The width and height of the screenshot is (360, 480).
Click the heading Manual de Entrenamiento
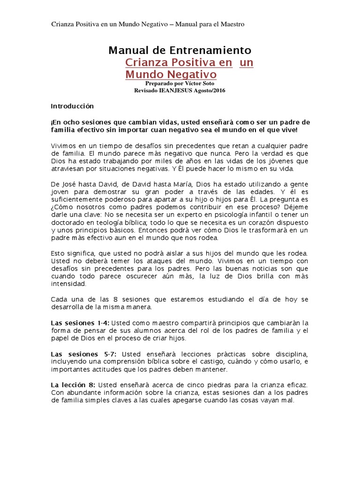(x=180, y=50)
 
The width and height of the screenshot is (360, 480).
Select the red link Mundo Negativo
(x=171, y=75)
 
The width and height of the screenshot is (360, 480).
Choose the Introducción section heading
(x=72, y=106)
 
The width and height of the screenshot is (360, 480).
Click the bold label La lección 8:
(x=73, y=384)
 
